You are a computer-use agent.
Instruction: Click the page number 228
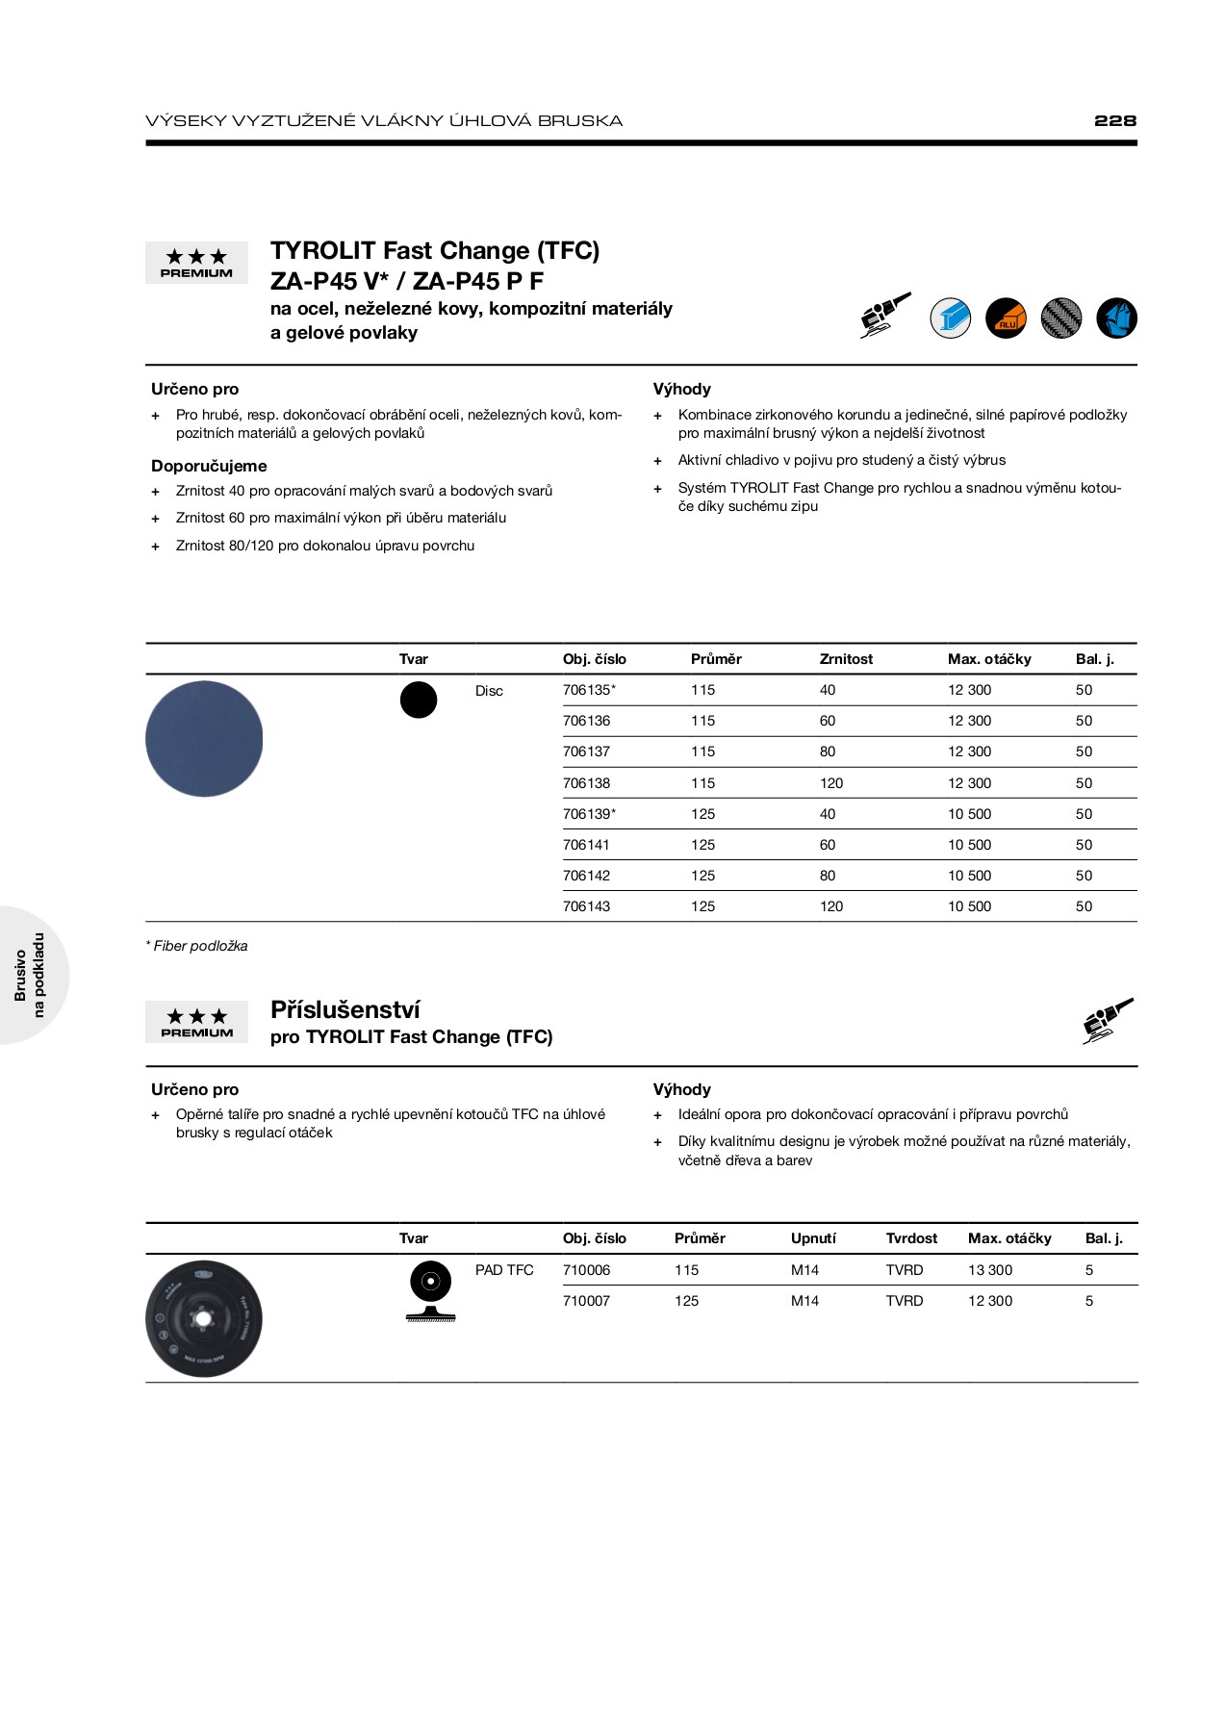click(x=1114, y=120)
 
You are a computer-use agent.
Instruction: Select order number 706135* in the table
click(x=589, y=690)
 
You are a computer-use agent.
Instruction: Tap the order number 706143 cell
click(x=586, y=906)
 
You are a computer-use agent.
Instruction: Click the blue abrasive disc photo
click(x=204, y=739)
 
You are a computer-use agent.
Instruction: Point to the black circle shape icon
click(x=419, y=700)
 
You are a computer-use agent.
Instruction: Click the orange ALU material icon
click(x=1006, y=318)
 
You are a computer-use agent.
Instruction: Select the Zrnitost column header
click(x=846, y=659)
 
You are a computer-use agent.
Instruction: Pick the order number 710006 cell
click(x=586, y=1270)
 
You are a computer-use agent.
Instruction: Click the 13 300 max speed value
click(x=990, y=1270)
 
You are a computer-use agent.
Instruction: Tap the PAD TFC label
click(x=504, y=1270)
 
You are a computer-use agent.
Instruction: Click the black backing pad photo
click(x=204, y=1318)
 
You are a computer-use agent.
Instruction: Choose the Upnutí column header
click(x=813, y=1238)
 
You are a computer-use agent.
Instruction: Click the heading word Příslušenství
click(x=345, y=1009)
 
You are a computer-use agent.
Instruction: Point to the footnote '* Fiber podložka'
click(x=196, y=946)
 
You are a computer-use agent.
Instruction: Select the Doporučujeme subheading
click(x=209, y=466)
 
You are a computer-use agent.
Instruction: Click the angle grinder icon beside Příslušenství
click(x=1108, y=1020)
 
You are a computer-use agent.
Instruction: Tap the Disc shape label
click(x=489, y=691)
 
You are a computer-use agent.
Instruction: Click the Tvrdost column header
click(x=911, y=1238)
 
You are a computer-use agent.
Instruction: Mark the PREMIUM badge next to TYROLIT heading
click(x=196, y=263)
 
